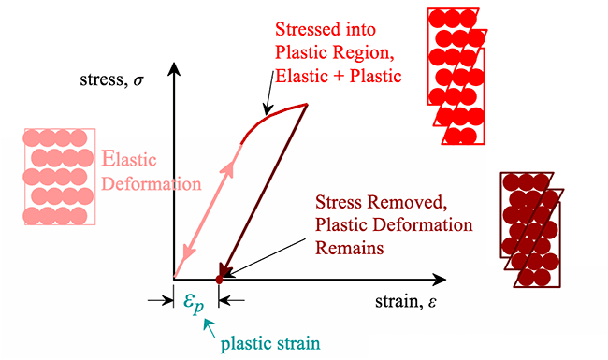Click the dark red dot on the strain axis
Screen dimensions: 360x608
[219, 278]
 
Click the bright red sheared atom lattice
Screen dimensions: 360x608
[459, 77]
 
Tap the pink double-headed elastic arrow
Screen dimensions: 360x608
[208, 209]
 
